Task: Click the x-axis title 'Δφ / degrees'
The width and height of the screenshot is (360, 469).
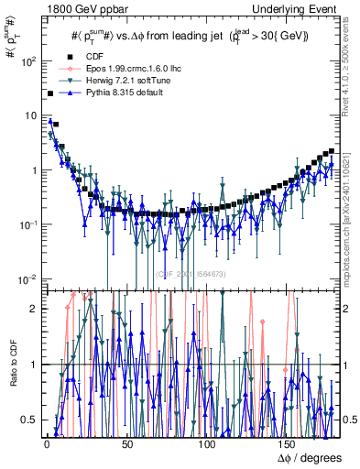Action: click(x=308, y=455)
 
